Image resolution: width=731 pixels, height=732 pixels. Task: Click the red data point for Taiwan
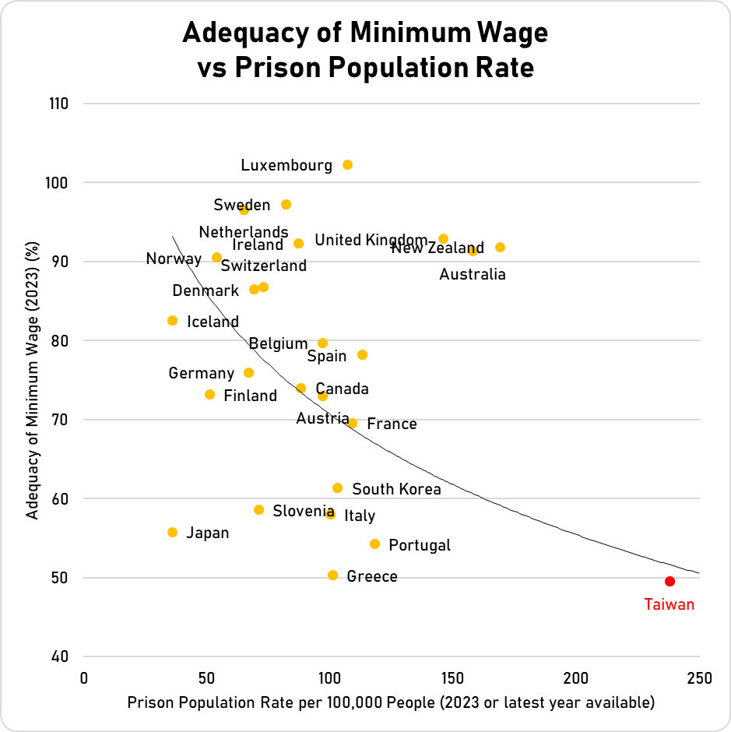[669, 581]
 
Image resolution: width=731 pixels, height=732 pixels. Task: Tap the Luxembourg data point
[347, 165]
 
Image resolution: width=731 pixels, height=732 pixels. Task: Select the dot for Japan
[172, 533]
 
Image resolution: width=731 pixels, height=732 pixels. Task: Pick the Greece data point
[332, 575]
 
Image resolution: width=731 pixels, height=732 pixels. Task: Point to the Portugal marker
[374, 544]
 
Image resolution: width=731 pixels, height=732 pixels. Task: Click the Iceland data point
[172, 321]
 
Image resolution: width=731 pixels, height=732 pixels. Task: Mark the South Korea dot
[337, 488]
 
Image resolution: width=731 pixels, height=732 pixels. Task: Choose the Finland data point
[209, 395]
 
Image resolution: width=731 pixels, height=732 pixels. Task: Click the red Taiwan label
[669, 604]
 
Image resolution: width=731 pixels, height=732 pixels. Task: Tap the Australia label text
[473, 274]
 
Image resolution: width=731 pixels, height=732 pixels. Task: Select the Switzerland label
[263, 266]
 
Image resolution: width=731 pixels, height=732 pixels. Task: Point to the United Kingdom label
[371, 240]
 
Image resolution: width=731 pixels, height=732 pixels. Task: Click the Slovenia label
[304, 511]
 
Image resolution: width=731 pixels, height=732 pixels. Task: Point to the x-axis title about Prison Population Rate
[391, 702]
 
